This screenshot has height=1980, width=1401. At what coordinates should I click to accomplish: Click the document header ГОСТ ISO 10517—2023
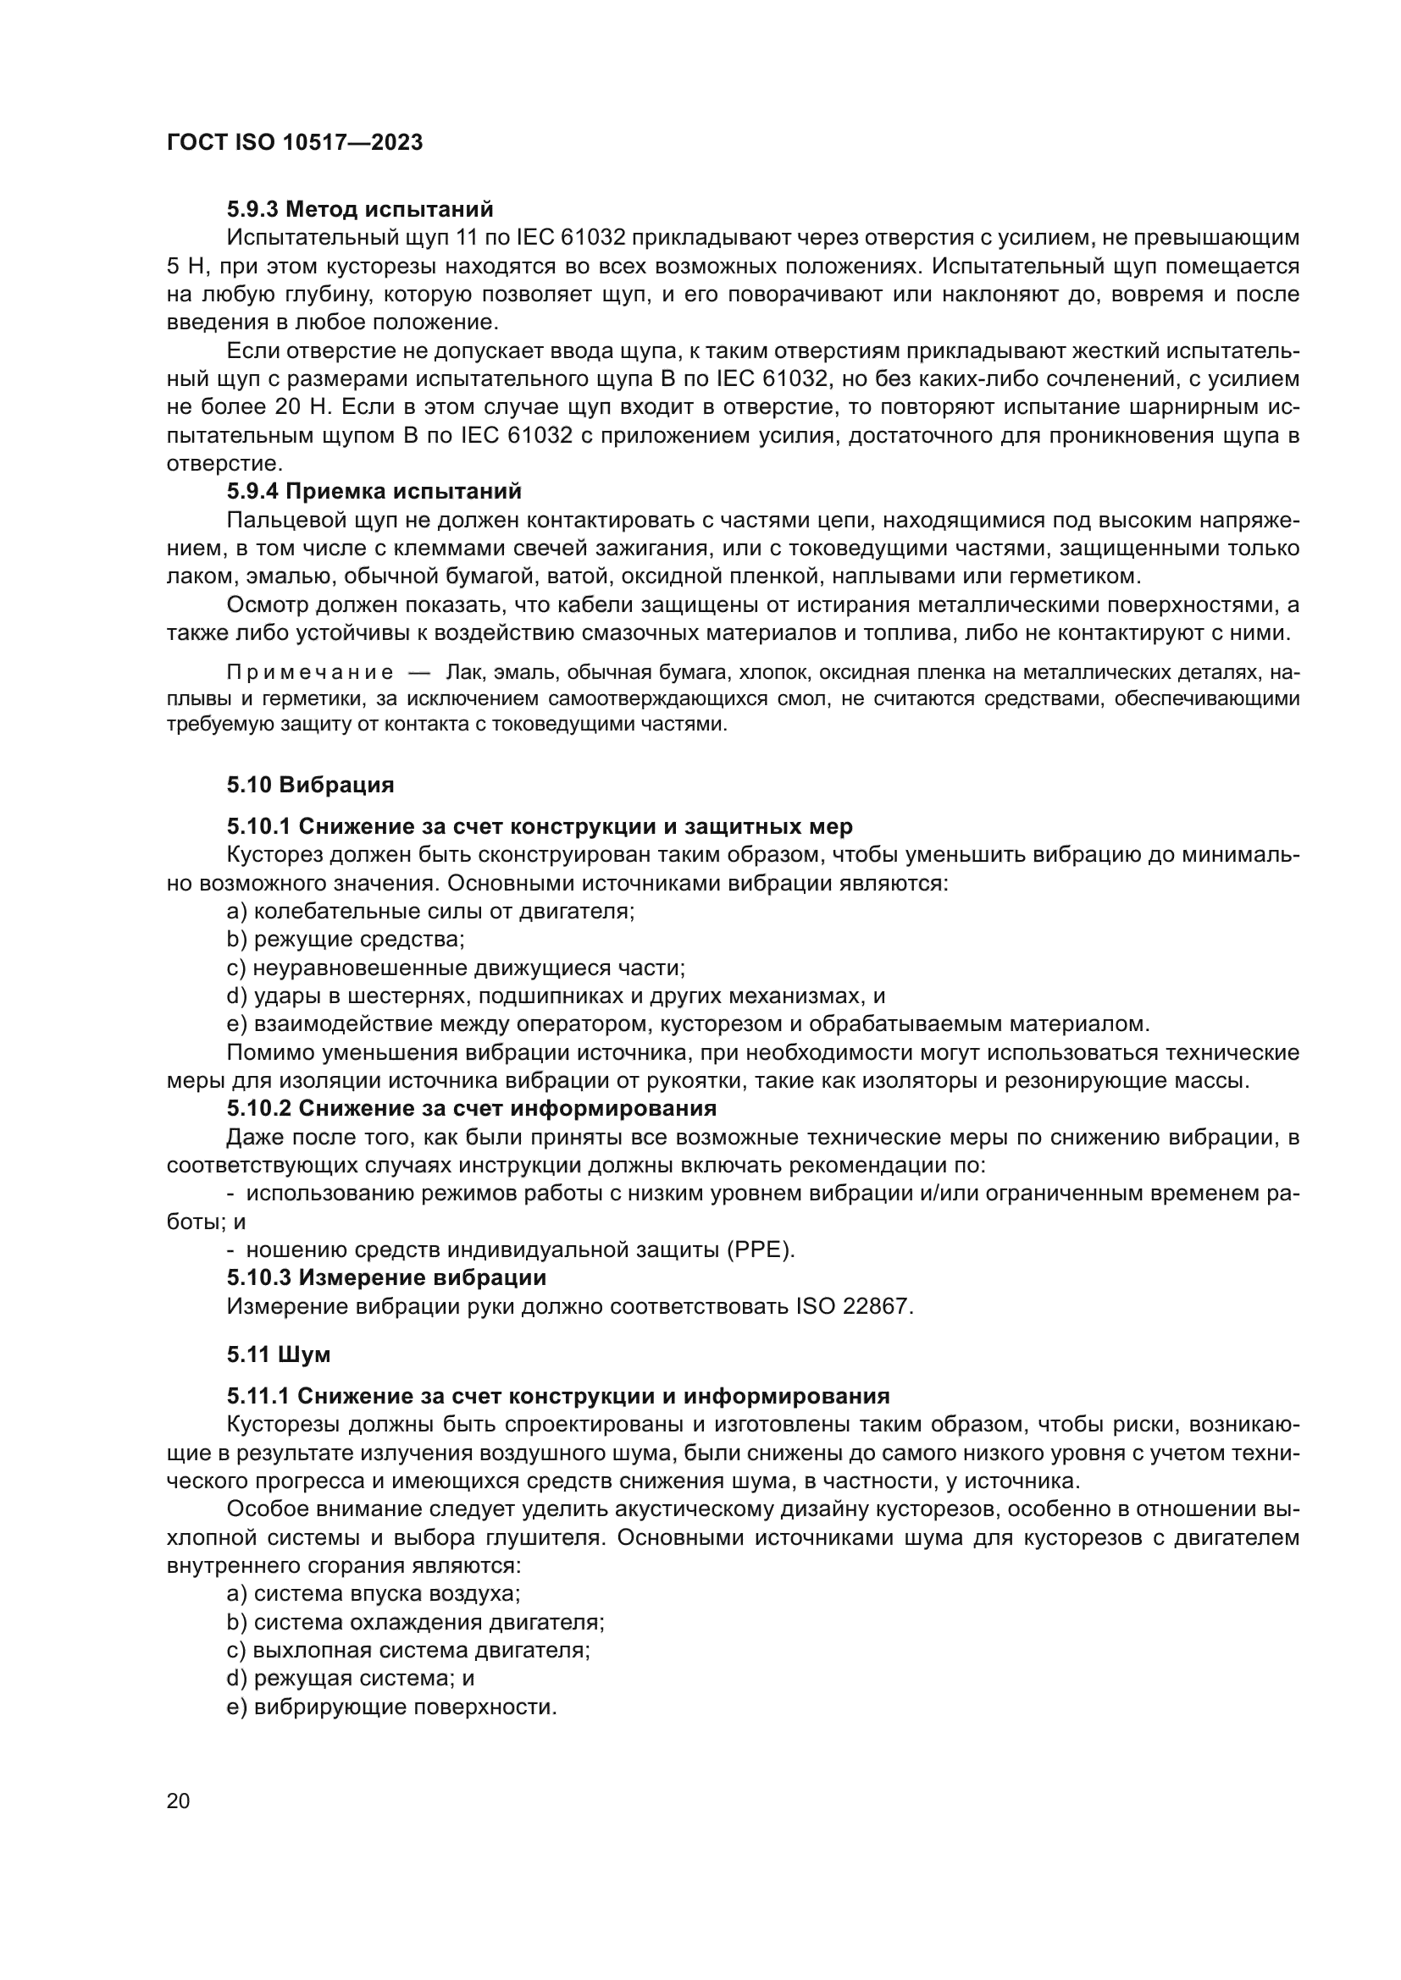294,143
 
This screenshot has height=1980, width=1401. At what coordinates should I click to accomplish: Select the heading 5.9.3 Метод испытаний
360,210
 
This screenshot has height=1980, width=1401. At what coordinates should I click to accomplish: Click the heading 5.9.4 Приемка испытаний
374,492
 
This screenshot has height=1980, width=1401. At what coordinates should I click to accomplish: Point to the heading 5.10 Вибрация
310,785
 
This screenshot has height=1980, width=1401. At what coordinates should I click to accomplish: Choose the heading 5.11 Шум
278,1354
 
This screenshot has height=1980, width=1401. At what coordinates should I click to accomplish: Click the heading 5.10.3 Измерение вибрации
385,1277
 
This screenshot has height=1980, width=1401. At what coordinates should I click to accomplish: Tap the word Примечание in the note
310,673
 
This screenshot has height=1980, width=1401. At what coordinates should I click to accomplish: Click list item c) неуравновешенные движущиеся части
455,968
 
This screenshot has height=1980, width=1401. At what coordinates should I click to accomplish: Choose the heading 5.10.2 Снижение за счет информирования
471,1108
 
